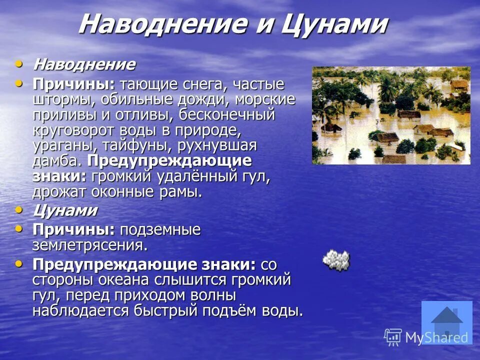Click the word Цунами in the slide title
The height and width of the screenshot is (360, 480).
[334, 24]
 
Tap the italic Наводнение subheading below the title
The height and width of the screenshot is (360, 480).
[84, 64]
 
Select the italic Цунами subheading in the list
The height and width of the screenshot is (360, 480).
[65, 210]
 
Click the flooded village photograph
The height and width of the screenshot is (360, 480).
[391, 115]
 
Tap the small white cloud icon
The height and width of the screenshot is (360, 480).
[336, 259]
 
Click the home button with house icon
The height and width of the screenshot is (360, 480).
[446, 322]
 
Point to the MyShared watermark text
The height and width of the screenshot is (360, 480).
[436, 337]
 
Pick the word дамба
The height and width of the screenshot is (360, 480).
[56, 161]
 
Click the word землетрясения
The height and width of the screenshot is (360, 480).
[90, 245]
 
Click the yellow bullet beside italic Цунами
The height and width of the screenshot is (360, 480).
[19, 210]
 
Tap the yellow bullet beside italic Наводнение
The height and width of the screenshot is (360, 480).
[19, 64]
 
